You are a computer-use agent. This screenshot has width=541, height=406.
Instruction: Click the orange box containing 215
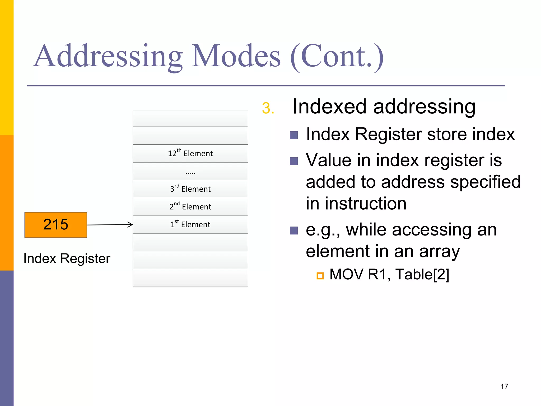56,225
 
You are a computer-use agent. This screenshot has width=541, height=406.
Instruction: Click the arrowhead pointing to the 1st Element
130,224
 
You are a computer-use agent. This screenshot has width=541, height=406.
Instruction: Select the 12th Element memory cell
190,153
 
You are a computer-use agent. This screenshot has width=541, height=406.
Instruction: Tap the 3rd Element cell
190,189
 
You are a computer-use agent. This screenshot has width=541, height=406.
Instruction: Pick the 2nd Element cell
190,207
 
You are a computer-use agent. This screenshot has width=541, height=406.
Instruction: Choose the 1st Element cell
190,224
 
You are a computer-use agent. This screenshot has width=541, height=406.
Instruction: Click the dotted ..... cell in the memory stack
190,171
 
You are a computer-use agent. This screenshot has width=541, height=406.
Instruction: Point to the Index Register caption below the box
67,259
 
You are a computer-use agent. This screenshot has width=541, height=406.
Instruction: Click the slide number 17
504,386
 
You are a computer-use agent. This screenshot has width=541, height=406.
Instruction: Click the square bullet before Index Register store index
294,135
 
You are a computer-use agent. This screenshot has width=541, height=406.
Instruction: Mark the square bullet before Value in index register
294,161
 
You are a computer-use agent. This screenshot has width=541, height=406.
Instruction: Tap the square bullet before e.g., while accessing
294,230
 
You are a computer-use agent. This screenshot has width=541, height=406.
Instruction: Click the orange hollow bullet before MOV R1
320,276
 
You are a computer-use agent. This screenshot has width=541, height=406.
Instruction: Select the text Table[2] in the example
422,274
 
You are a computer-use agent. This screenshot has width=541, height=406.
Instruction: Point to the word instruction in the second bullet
366,204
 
